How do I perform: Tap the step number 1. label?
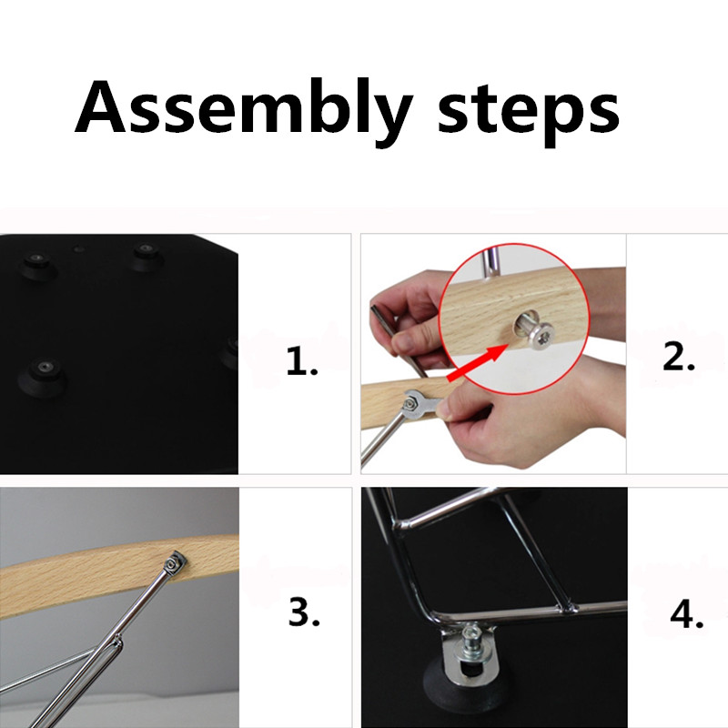(302, 360)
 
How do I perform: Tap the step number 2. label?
(679, 357)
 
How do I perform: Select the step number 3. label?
(304, 612)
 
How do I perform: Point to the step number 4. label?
(687, 614)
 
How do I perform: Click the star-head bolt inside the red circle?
(534, 329)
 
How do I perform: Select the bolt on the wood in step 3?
(175, 563)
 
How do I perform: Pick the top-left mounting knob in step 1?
(37, 265)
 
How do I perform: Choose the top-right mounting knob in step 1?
(147, 256)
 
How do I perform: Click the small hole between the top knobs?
(79, 249)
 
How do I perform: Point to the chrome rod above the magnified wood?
(490, 262)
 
